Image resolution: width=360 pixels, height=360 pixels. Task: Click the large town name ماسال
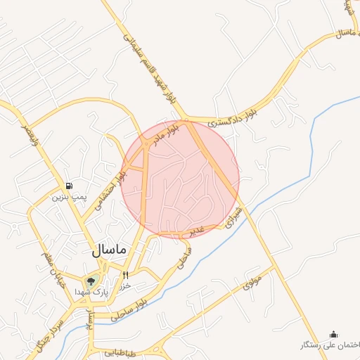point(108,250)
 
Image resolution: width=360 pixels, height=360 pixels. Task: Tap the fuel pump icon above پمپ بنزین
point(68,186)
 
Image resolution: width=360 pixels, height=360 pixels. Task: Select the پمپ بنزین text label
point(67,198)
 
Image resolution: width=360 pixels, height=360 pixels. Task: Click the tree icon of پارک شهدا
point(91,282)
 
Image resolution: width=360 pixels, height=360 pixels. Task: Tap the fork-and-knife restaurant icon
point(126,275)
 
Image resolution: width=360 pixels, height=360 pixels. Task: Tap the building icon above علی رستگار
point(333,334)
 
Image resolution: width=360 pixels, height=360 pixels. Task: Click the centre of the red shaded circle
point(180,179)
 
